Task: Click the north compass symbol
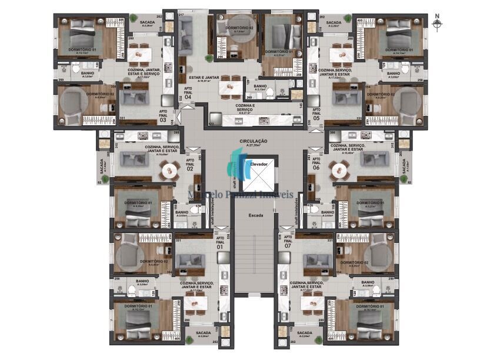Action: click(436, 24)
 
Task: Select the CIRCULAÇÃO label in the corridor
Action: click(254, 142)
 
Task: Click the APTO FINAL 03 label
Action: click(163, 116)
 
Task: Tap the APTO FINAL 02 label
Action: click(190, 164)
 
